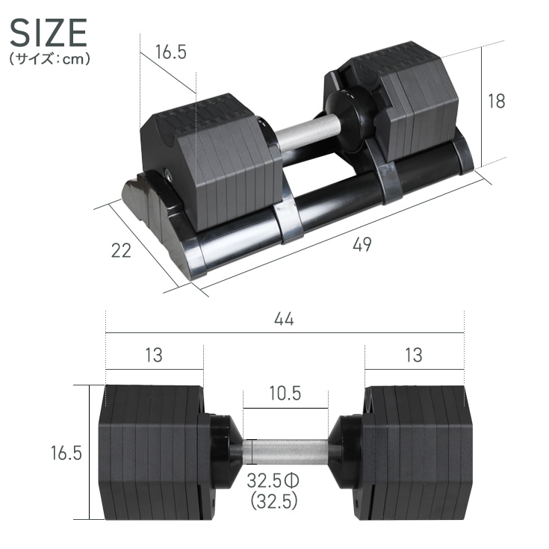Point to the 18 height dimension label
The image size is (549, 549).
tap(496, 102)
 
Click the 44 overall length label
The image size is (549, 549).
tap(284, 319)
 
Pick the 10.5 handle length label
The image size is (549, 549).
tap(285, 394)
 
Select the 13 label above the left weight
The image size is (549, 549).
tap(153, 355)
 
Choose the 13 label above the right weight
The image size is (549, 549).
tap(413, 355)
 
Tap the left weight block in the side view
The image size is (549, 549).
tap(149, 452)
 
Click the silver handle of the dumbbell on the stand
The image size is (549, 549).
tap(306, 131)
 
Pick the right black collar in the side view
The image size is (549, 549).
tap(345, 451)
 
